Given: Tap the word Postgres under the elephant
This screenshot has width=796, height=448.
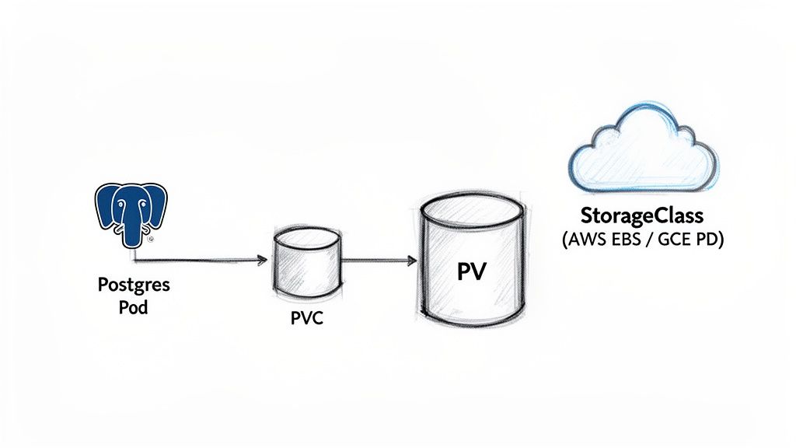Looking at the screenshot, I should pos(134,285).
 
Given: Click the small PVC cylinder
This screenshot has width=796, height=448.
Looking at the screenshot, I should pos(306,264).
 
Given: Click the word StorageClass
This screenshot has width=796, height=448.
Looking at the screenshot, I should pos(641,215).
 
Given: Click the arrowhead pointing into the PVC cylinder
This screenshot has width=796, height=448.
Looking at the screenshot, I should pos(264,261).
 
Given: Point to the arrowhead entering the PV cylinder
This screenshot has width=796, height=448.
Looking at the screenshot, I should pos(412,261).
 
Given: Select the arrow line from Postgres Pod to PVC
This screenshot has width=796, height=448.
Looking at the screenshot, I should pos(198,260).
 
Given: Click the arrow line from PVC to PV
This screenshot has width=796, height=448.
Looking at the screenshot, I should pos(377,261).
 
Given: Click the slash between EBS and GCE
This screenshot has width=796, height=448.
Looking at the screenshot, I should pos(651,240).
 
